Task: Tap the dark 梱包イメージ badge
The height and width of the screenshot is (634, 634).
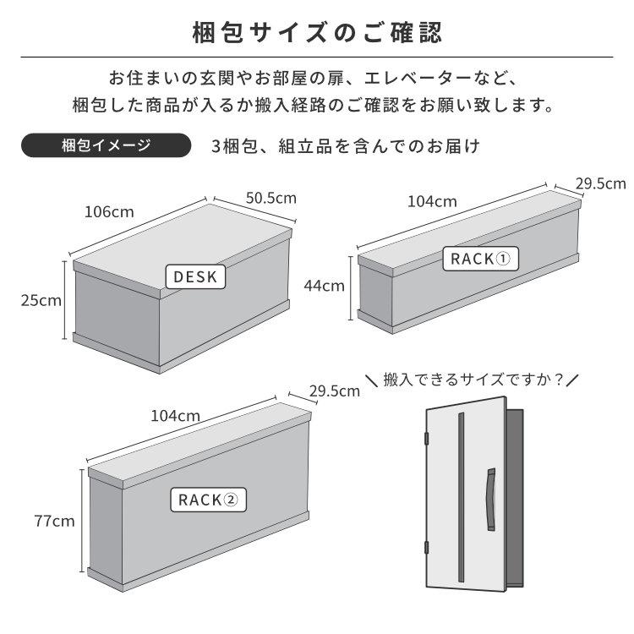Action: point(106,145)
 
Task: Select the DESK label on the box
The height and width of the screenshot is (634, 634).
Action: point(196,276)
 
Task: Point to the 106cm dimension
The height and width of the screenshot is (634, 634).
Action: point(109,211)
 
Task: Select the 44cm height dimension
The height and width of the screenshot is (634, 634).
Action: point(324,285)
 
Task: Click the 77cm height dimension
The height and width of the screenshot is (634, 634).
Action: point(55,521)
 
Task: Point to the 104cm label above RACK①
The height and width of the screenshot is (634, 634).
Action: point(432,201)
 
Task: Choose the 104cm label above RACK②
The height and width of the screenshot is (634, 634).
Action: point(175,415)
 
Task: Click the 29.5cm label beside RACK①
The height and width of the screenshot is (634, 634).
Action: point(600,183)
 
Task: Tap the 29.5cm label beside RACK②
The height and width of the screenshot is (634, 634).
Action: point(334,391)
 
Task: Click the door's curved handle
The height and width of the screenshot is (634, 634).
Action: point(489,502)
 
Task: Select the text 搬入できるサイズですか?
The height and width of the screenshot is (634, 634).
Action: point(473,380)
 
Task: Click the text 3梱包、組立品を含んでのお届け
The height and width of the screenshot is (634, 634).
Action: point(347,145)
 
